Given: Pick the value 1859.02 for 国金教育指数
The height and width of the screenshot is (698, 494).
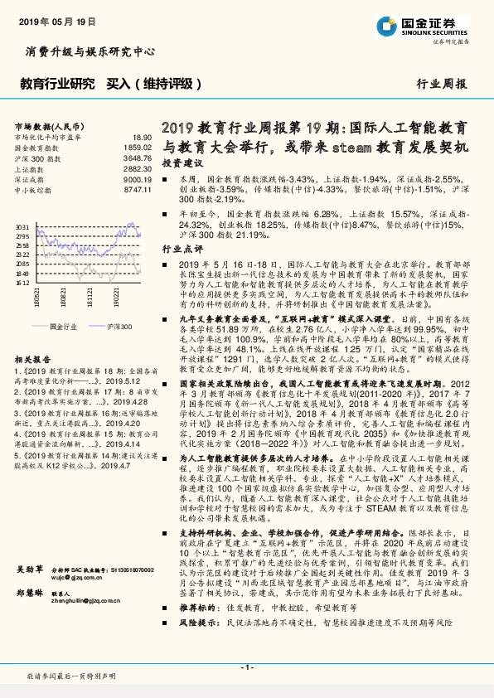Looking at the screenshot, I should (x=139, y=148).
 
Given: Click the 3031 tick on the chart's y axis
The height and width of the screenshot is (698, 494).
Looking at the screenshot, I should (x=23, y=225).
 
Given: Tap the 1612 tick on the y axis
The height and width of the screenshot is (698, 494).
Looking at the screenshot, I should (x=23, y=282).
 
